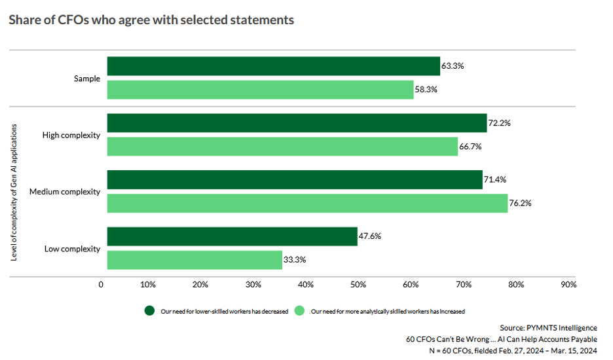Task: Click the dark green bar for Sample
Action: click(x=273, y=66)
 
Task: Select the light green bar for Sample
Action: click(x=260, y=90)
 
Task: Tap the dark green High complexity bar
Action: click(x=297, y=123)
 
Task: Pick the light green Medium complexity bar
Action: click(x=307, y=203)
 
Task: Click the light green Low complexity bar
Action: click(x=195, y=260)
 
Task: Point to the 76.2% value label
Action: click(x=521, y=203)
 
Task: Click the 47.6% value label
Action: click(x=370, y=236)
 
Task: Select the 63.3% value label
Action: click(x=453, y=66)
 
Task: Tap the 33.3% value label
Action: click(x=295, y=260)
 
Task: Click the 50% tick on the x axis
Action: click(x=358, y=285)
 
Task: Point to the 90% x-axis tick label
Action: click(x=568, y=285)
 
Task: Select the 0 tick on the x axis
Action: click(x=101, y=285)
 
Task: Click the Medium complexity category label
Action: click(x=65, y=192)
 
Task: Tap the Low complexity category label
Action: click(x=72, y=249)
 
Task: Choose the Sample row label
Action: click(x=87, y=79)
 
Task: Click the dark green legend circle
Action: click(x=149, y=310)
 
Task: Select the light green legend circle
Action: click(x=300, y=310)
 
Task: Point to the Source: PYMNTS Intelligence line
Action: click(x=548, y=327)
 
